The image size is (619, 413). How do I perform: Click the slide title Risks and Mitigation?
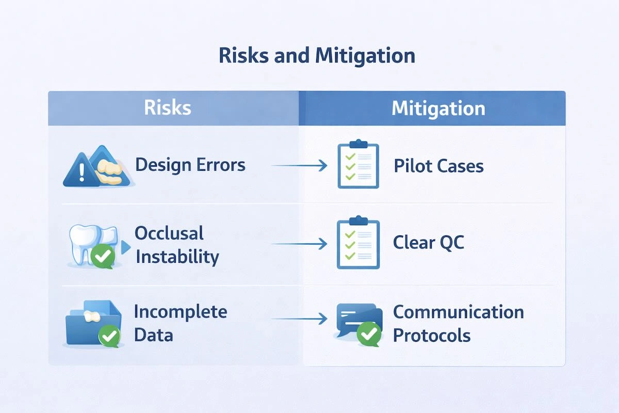point(317,55)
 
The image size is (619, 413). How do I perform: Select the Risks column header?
point(168,107)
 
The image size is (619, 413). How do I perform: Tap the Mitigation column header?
point(438,108)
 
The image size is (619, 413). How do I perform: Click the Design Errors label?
point(190,165)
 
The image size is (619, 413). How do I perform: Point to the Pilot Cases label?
point(438,166)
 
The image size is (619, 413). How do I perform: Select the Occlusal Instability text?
point(177,245)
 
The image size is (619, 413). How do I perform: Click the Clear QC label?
point(428,242)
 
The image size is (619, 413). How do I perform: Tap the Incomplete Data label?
point(181,323)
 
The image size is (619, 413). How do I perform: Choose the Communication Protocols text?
point(459,324)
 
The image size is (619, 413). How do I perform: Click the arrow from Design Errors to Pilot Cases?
point(299,165)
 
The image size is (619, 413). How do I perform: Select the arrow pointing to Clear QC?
point(299,244)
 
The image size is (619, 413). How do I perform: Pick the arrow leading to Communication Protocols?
point(299,319)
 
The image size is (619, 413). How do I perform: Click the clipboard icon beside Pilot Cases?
point(358,164)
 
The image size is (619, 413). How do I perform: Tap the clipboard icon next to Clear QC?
point(358,242)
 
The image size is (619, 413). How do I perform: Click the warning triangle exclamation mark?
point(82,172)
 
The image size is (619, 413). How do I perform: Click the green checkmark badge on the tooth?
point(103,257)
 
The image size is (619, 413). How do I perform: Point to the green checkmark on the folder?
point(109,336)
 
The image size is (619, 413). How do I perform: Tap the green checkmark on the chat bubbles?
point(369,334)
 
